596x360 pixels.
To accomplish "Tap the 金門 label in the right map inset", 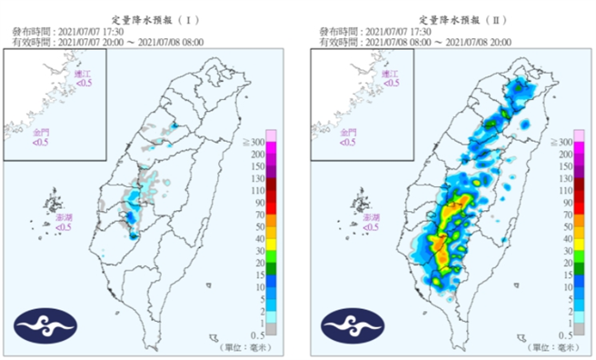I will click(348, 132).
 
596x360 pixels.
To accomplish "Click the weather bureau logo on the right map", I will click(345, 326).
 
